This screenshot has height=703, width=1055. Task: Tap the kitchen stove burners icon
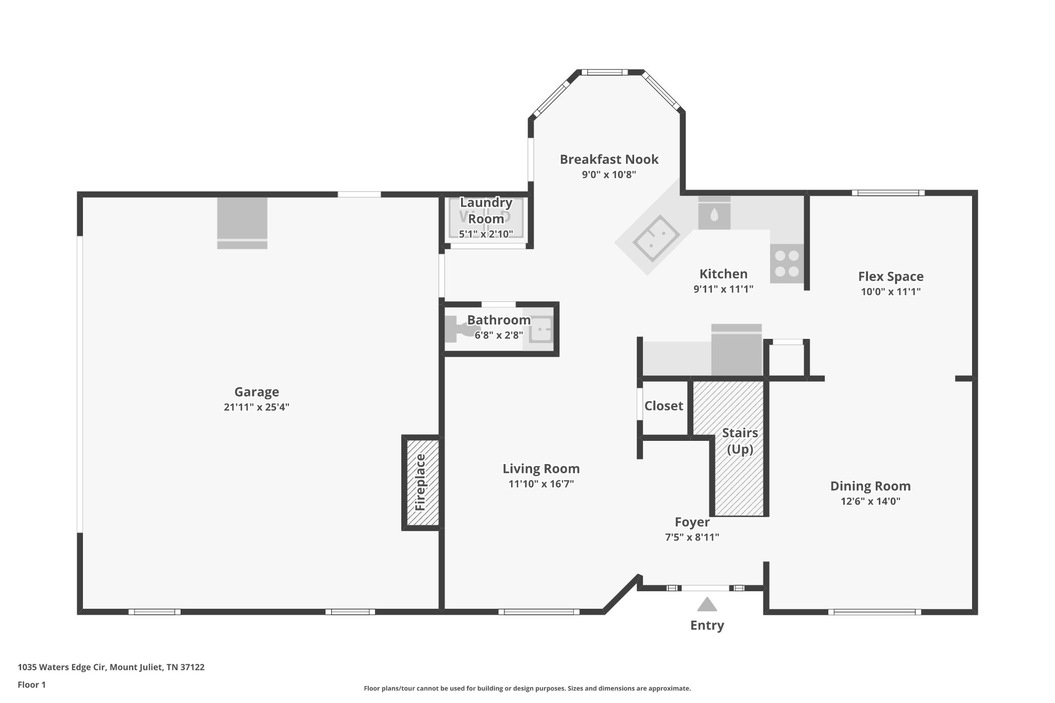(x=787, y=263)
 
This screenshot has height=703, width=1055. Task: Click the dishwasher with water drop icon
(x=714, y=213)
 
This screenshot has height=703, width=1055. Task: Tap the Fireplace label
(x=420, y=482)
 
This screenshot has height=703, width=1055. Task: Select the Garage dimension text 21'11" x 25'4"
(x=257, y=407)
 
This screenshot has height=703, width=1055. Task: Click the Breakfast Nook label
(x=609, y=159)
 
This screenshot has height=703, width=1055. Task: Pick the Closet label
(x=663, y=406)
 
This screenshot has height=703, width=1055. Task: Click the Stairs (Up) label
(x=740, y=441)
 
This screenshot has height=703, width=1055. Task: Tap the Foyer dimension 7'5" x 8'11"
(x=692, y=537)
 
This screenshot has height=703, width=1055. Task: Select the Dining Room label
(x=870, y=486)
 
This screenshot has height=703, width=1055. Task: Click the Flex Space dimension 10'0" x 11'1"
(x=891, y=292)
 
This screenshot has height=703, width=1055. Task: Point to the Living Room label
(x=541, y=469)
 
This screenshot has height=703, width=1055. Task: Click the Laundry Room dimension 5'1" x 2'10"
(x=486, y=234)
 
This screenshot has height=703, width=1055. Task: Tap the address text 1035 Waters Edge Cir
(x=62, y=667)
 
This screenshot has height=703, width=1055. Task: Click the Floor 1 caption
(x=31, y=684)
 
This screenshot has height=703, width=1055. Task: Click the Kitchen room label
(x=723, y=274)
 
